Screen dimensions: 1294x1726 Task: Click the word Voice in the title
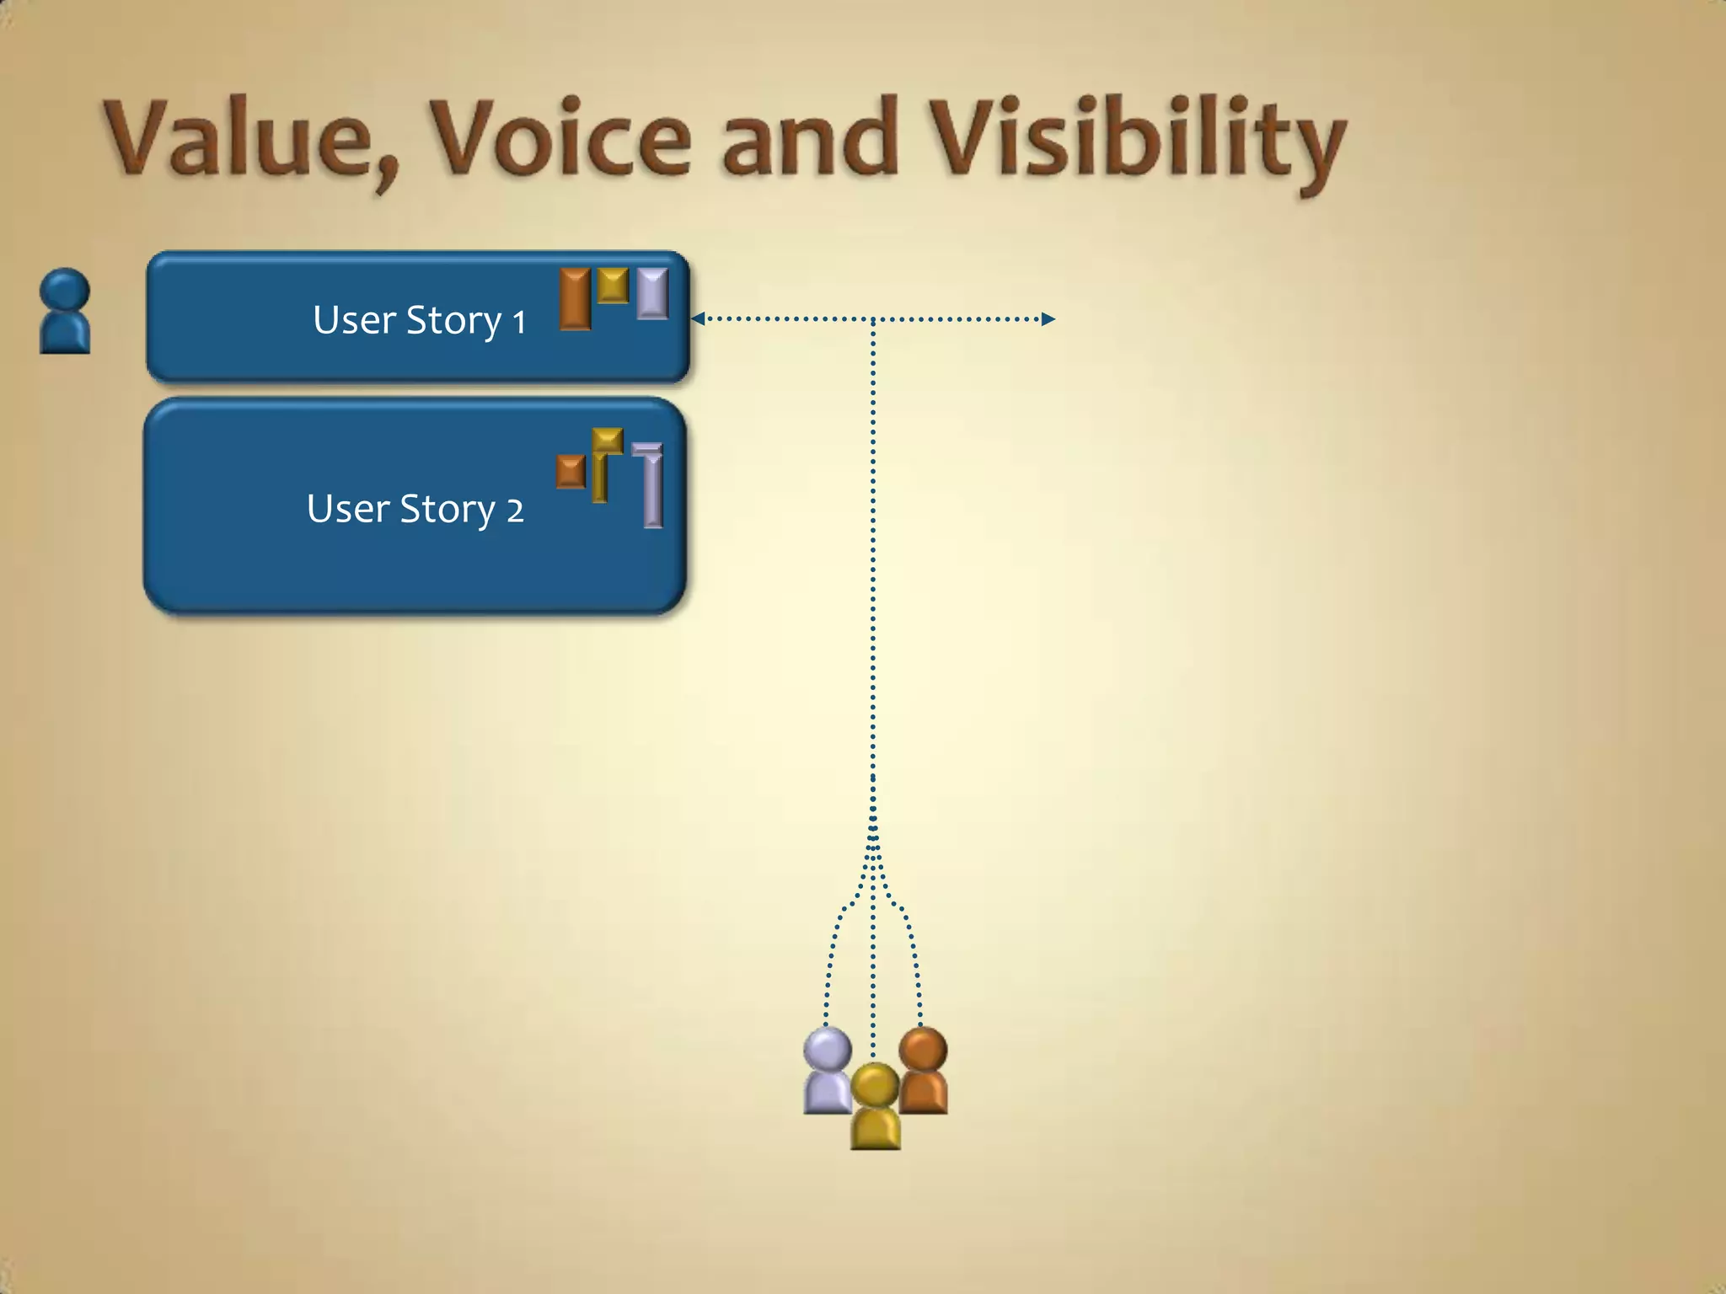pyautogui.click(x=560, y=139)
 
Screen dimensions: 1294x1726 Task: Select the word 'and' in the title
pyautogui.click(x=809, y=139)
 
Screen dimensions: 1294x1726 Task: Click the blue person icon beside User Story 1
pyautogui.click(x=65, y=312)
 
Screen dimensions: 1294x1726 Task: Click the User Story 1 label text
pyautogui.click(x=419, y=320)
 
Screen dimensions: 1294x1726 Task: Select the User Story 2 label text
pyautogui.click(x=415, y=509)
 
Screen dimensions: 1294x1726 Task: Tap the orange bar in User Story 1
pyautogui.click(x=575, y=298)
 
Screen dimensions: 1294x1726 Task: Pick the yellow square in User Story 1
pyautogui.click(x=613, y=285)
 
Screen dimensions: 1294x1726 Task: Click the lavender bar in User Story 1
pyautogui.click(x=652, y=293)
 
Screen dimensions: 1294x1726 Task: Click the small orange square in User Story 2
pyautogui.click(x=571, y=472)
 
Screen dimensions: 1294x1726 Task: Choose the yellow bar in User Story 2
pyautogui.click(x=602, y=463)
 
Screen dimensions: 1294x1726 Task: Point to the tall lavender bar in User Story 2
pyautogui.click(x=651, y=487)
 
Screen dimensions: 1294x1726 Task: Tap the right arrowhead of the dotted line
pyautogui.click(x=1048, y=318)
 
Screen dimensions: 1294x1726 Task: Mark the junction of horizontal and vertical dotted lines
pyautogui.click(x=872, y=319)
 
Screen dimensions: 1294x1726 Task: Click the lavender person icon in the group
pyautogui.click(x=828, y=1071)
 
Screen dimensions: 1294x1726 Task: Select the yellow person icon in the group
pyautogui.click(x=875, y=1106)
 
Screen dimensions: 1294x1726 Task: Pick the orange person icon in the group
pyautogui.click(x=923, y=1071)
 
